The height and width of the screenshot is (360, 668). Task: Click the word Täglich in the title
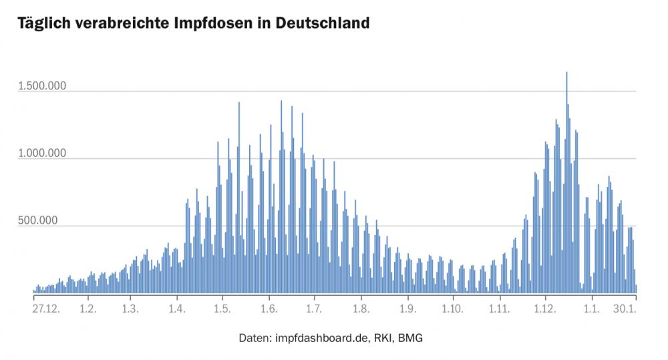pyautogui.click(x=43, y=23)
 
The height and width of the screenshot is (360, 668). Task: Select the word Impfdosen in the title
pyautogui.click(x=218, y=23)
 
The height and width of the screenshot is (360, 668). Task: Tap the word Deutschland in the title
pyautogui.click(x=323, y=23)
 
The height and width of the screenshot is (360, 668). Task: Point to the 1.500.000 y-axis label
pyautogui.click(x=41, y=86)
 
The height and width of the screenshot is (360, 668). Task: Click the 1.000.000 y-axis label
pyautogui.click(x=41, y=154)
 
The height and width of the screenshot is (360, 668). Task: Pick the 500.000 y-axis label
pyautogui.click(x=37, y=220)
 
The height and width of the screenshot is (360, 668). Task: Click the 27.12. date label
pyautogui.click(x=46, y=309)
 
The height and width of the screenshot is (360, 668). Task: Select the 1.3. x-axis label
pyautogui.click(x=130, y=309)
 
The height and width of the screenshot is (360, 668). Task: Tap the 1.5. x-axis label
pyautogui.click(x=222, y=309)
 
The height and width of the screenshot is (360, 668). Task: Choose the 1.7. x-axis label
pyautogui.click(x=314, y=309)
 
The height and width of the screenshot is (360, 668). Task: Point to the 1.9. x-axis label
pyautogui.click(x=407, y=309)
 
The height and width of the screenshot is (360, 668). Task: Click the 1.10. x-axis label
pyautogui.click(x=452, y=309)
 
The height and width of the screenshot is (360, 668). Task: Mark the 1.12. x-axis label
pyautogui.click(x=545, y=309)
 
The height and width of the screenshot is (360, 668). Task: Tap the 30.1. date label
pyautogui.click(x=625, y=309)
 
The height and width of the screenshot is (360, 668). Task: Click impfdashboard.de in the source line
pyautogui.click(x=321, y=338)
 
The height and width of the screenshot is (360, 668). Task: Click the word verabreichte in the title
pyautogui.click(x=122, y=23)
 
